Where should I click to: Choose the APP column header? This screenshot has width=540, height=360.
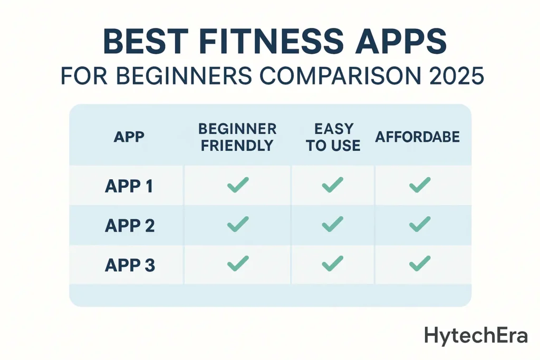(129, 138)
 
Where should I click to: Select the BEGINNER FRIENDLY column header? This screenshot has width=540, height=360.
(237, 138)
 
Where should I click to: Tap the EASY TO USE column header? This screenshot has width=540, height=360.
(333, 138)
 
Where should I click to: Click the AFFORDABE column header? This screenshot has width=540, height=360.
(418, 138)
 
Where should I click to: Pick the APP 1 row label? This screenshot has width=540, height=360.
(129, 186)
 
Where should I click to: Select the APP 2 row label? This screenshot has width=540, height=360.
(129, 225)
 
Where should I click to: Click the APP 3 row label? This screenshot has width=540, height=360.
(130, 265)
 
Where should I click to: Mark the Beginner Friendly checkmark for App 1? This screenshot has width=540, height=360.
(237, 185)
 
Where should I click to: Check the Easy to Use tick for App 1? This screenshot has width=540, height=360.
(332, 185)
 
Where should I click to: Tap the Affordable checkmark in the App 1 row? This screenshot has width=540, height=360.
(420, 185)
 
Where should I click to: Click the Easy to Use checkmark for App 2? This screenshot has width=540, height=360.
(332, 225)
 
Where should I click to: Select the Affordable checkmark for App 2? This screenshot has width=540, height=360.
(420, 225)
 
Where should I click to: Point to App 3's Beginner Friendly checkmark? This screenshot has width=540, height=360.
(237, 264)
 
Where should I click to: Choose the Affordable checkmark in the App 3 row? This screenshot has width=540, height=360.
(420, 264)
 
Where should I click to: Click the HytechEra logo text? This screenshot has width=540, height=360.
(476, 335)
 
